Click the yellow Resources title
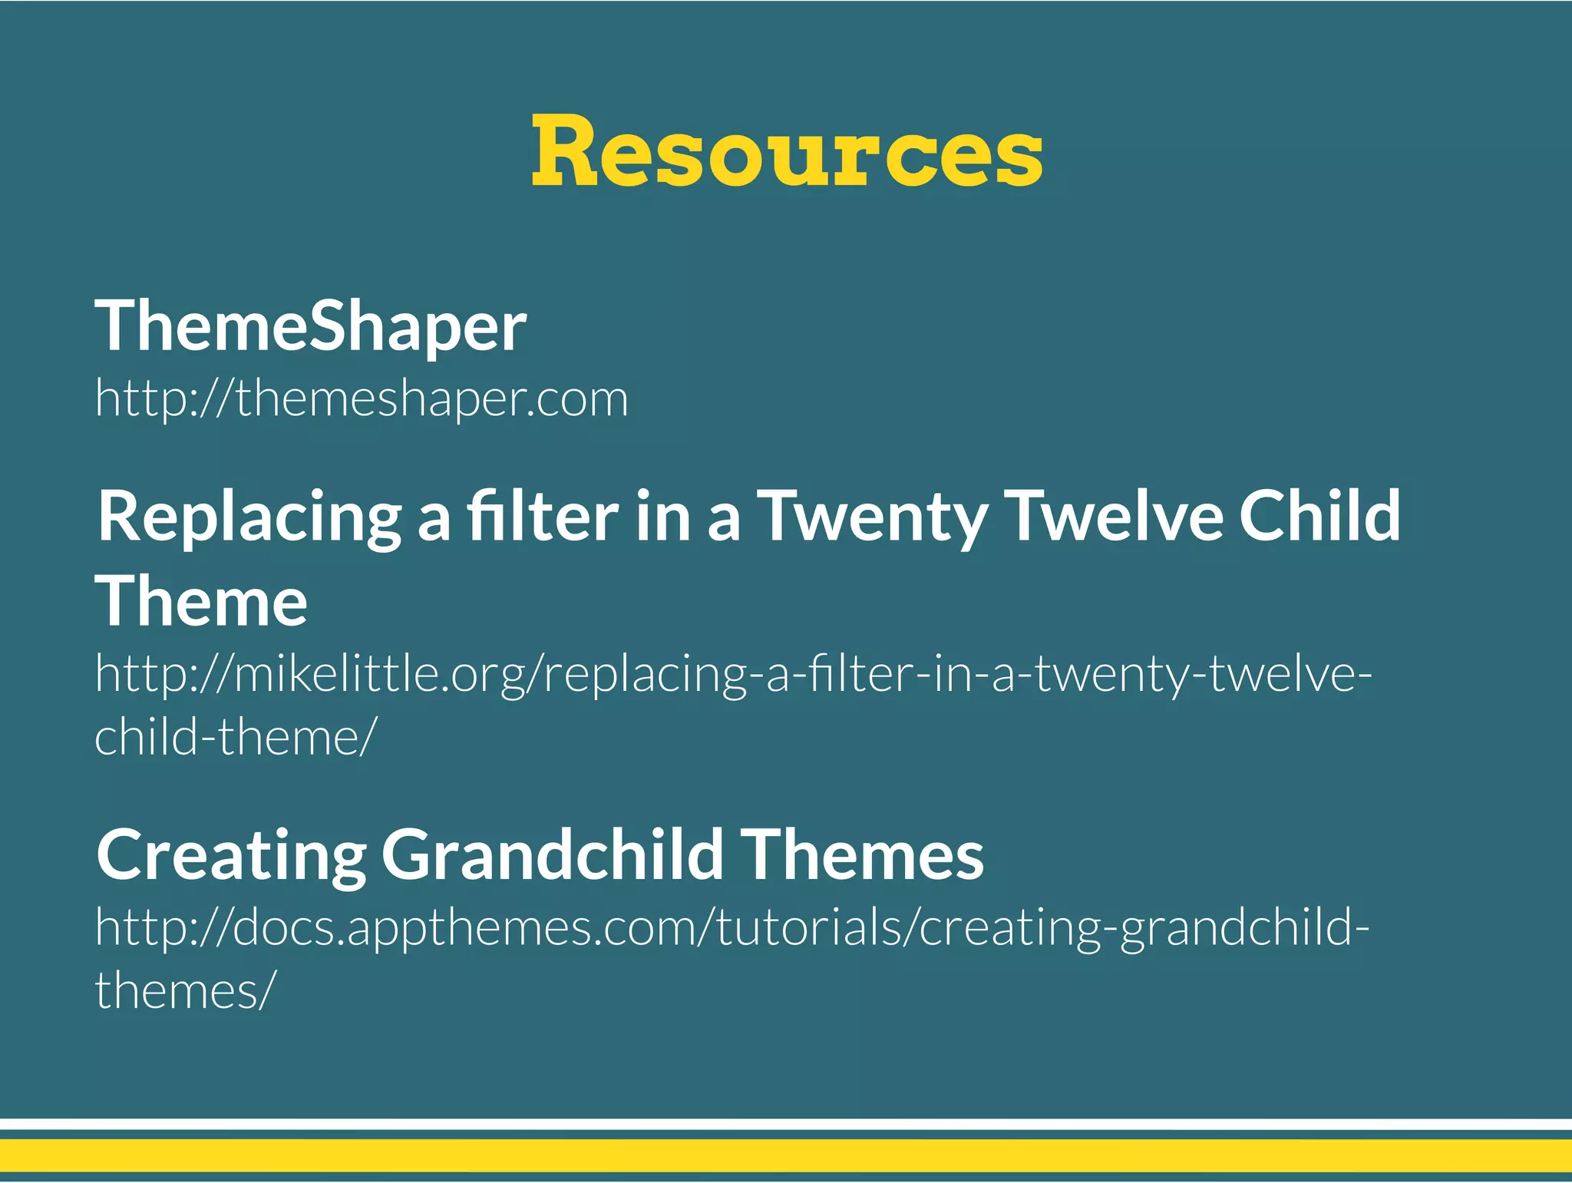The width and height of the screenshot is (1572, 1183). tap(787, 151)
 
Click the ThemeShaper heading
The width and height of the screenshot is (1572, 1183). tap(310, 327)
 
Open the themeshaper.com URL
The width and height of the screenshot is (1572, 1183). tap(362, 399)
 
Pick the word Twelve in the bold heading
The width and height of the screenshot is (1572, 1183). tap(1113, 516)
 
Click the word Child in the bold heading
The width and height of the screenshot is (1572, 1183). tap(1320, 516)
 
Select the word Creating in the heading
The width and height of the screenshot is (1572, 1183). tap(231, 856)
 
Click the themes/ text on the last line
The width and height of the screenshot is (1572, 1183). tap(183, 990)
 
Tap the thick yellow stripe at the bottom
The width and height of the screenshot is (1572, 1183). tap(786, 1155)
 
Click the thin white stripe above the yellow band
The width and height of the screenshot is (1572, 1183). tap(786, 1124)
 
